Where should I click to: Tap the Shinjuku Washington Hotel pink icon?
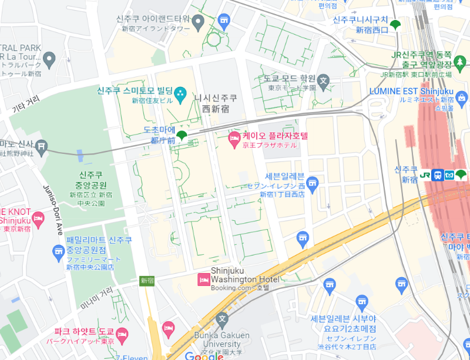click(x=203, y=280)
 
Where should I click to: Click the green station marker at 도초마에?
click(x=182, y=136)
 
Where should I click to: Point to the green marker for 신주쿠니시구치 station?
click(x=396, y=25)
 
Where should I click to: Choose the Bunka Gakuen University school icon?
click(x=221, y=321)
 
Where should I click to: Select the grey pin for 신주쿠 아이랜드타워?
click(x=198, y=23)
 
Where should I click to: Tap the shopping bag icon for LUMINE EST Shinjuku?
click(x=461, y=97)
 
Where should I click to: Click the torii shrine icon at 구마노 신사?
click(x=41, y=146)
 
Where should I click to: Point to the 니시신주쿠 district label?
click(x=216, y=103)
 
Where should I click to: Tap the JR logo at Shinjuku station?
click(x=425, y=174)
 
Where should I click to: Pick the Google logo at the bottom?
click(x=204, y=355)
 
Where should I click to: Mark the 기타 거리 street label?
click(x=26, y=104)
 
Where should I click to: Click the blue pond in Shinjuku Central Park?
click(x=80, y=156)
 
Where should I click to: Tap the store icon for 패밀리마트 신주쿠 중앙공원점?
click(x=58, y=253)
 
